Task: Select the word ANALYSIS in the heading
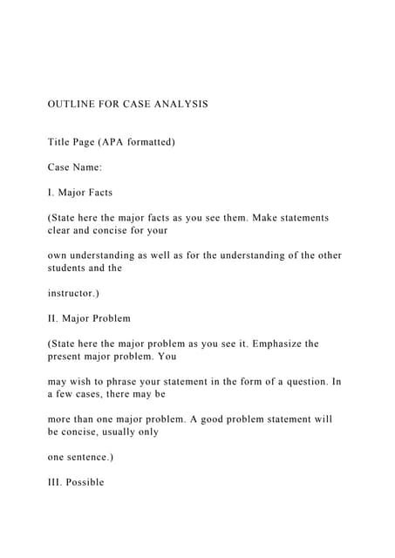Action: [180, 104]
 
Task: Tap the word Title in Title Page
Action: [61, 141]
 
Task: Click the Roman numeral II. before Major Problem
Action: [53, 318]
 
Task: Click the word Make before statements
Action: [263, 217]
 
